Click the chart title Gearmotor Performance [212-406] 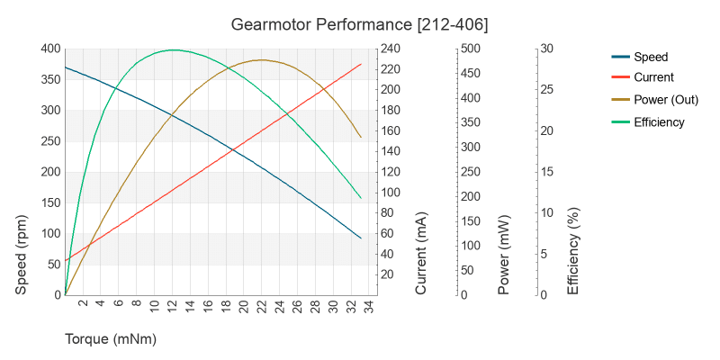[x=359, y=22]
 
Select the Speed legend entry [x=650, y=57]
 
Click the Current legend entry [x=653, y=78]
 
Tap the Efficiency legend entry [x=659, y=122]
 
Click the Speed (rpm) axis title [x=22, y=255]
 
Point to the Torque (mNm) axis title [x=111, y=339]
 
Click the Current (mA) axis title [x=421, y=255]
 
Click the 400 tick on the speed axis [x=49, y=49]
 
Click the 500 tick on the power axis [x=470, y=49]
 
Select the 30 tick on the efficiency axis [x=546, y=49]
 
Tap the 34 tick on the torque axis [x=369, y=305]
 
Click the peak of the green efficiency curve [x=173, y=49]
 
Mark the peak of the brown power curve [x=261, y=60]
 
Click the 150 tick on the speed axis [x=49, y=202]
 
